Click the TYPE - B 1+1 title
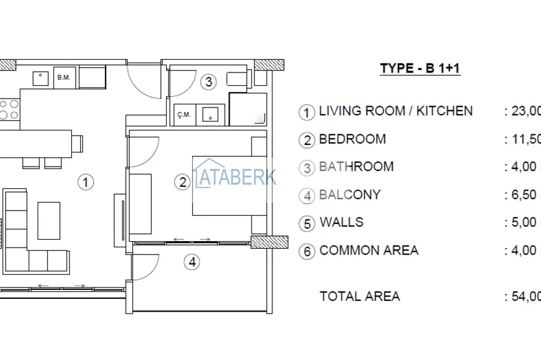[419, 69]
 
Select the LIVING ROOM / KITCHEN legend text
[395, 111]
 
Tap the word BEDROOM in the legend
[352, 139]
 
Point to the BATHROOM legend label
[356, 167]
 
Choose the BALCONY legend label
[349, 195]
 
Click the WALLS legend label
[341, 222]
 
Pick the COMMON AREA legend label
[369, 250]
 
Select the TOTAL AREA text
[360, 296]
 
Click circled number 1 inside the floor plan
[86, 183]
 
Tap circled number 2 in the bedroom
[183, 183]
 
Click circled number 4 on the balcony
[192, 261]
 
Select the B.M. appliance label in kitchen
[63, 78]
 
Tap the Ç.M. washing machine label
[184, 115]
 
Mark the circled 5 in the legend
[307, 223]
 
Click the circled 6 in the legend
[307, 251]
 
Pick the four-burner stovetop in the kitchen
[8, 109]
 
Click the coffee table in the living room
[49, 220]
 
